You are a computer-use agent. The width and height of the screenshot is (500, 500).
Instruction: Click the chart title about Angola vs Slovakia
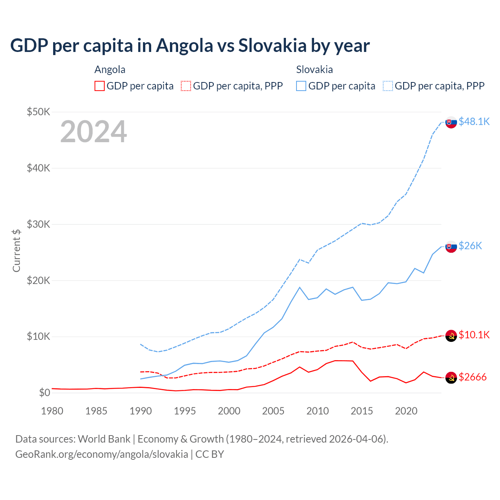coord(190,46)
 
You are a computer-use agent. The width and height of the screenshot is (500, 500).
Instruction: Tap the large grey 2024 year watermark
coord(93,132)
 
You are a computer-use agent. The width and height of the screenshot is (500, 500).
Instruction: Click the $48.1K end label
coord(474,121)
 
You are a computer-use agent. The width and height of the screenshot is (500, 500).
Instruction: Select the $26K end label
coord(470,246)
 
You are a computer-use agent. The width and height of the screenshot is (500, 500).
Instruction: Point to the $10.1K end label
coord(474,335)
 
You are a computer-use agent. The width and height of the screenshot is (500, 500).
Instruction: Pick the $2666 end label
coord(473,377)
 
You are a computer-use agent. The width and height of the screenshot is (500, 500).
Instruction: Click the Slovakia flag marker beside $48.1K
coord(451,122)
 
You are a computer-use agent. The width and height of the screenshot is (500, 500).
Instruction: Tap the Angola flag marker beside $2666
coord(451,378)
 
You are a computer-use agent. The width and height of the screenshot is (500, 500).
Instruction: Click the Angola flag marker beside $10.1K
coord(451,336)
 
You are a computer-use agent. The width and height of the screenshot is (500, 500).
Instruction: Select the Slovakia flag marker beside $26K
coord(451,246)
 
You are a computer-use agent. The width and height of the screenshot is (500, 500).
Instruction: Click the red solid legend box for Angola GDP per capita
coord(100,86)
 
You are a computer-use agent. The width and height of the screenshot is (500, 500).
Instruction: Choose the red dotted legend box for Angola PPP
coord(186,86)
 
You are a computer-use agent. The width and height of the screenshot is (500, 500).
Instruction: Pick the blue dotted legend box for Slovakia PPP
coord(388,86)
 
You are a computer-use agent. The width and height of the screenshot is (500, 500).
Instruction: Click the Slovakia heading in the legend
coord(314,70)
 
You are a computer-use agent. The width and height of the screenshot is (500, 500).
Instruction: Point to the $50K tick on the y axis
coord(38,112)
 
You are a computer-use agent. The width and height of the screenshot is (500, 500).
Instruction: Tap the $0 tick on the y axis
coord(45,393)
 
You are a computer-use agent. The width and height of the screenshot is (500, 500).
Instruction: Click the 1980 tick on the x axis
coord(52,411)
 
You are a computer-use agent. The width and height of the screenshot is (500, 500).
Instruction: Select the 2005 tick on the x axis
coord(273,411)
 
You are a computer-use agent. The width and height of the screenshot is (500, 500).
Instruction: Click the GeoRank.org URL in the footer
coord(102,454)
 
